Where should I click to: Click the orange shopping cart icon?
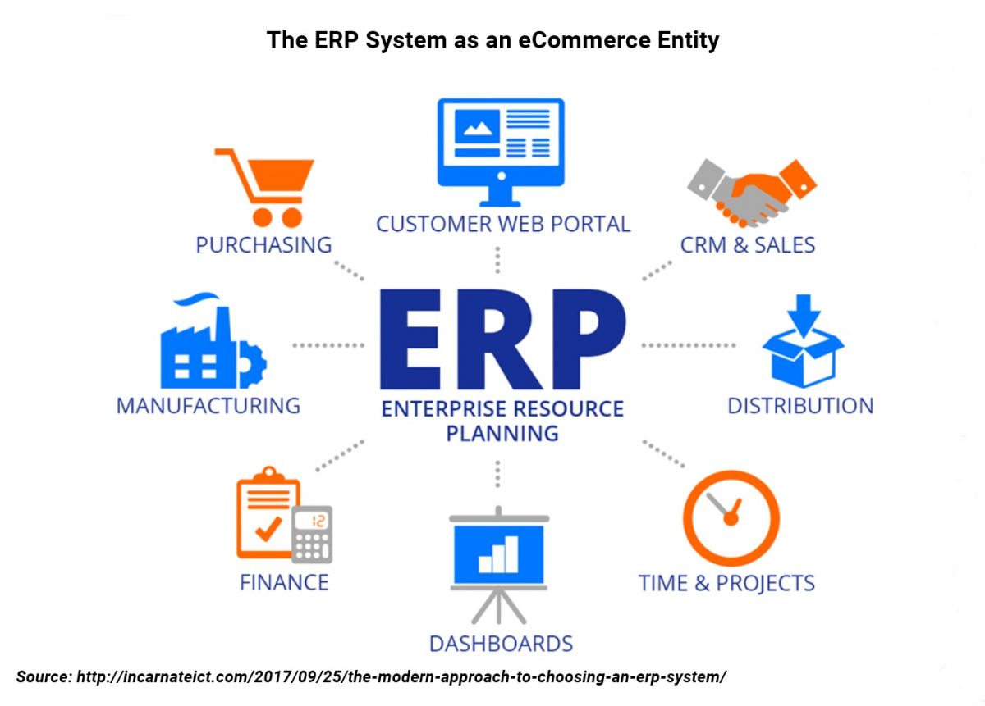[x=263, y=188]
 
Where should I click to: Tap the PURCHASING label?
[x=263, y=244]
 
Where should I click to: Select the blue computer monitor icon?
[x=501, y=152]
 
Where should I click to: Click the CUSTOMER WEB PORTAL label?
[x=503, y=224]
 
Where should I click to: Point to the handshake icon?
[x=752, y=193]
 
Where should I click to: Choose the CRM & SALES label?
[x=748, y=244]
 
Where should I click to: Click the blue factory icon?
[x=213, y=340]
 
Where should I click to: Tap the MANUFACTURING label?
[x=208, y=406]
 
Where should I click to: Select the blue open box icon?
[x=803, y=341]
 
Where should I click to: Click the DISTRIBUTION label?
[x=801, y=406]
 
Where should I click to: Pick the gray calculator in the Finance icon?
[x=312, y=535]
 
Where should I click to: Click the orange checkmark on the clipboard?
[x=268, y=529]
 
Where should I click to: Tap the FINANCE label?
[x=285, y=582]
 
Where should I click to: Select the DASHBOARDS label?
[x=502, y=644]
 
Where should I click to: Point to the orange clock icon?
[x=731, y=518]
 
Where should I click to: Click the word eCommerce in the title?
[x=584, y=40]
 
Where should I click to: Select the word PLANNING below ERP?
[x=502, y=433]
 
